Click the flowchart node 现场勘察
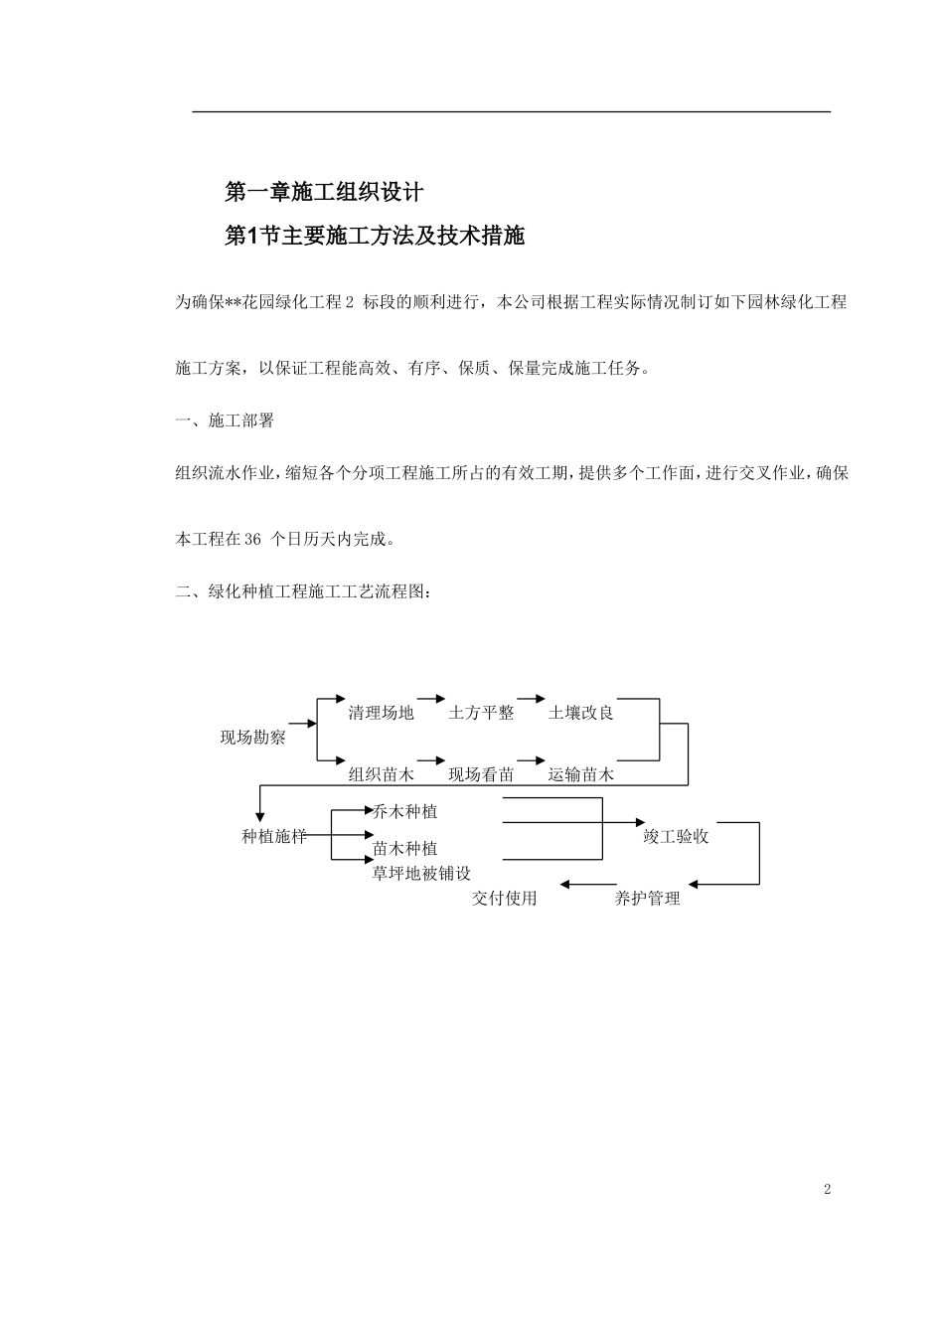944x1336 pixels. (x=252, y=738)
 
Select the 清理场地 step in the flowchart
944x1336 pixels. (x=381, y=713)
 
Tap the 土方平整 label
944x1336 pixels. (x=481, y=713)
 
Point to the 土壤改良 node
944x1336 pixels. (x=581, y=713)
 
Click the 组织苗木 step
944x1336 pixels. (x=381, y=774)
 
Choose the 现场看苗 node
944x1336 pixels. (x=481, y=774)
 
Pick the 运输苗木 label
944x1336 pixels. (x=581, y=774)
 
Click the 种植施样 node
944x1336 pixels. (x=273, y=837)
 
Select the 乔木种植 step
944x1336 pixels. (x=404, y=812)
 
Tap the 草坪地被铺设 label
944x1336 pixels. (x=421, y=874)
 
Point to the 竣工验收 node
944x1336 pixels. (x=676, y=837)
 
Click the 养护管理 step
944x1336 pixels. (x=647, y=899)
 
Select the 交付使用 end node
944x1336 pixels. (x=505, y=899)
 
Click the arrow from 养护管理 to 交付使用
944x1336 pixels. (x=588, y=885)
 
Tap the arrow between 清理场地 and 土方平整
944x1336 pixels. (x=431, y=699)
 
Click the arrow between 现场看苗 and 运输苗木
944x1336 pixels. (x=532, y=760)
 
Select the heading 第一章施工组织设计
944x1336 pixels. (x=324, y=192)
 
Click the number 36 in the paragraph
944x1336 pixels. (x=252, y=539)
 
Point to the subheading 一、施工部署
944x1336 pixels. (x=225, y=421)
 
